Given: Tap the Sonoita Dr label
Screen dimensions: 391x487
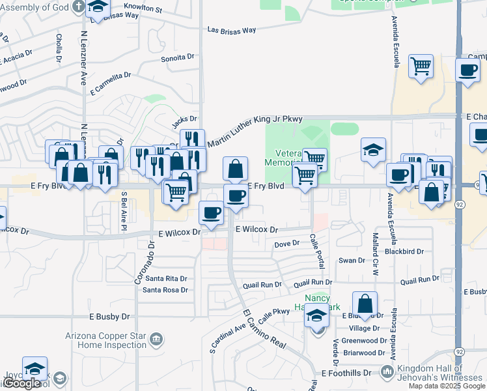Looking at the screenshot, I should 178,57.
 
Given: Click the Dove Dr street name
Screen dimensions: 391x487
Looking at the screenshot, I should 286,243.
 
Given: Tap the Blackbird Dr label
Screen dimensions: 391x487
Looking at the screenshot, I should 404,251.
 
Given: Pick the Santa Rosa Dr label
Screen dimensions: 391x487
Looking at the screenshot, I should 165,290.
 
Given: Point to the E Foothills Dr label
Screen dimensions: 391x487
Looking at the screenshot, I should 346,373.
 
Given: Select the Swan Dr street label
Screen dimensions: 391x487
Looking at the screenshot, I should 352,261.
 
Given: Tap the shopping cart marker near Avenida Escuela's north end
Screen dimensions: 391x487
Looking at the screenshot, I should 421,66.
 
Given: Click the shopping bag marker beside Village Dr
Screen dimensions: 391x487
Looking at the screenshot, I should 365,304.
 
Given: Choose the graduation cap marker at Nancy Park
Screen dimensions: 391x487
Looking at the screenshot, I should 317,317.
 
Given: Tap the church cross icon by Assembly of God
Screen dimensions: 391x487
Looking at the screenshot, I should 77,7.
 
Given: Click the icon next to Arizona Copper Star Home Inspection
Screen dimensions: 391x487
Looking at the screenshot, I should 156,339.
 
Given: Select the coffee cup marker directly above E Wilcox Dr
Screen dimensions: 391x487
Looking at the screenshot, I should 211,212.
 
